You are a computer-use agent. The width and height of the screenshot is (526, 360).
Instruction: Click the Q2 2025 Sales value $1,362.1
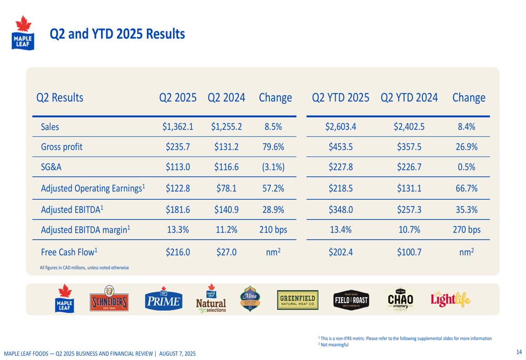click(x=178, y=127)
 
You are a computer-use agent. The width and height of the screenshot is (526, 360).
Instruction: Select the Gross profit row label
click(x=61, y=147)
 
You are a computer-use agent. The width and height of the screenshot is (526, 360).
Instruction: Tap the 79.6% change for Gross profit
click(x=274, y=147)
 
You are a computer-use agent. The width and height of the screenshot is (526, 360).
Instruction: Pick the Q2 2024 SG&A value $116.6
click(x=226, y=168)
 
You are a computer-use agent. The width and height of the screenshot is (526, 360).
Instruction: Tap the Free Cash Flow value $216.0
click(x=178, y=252)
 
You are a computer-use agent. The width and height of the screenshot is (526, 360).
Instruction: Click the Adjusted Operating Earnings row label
click(x=93, y=188)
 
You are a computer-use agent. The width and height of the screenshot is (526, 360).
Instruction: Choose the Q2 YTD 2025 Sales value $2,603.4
click(x=341, y=127)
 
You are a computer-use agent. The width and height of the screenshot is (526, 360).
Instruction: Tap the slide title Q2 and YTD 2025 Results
click(x=117, y=34)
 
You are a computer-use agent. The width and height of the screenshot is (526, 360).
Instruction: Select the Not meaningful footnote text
click(x=334, y=345)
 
